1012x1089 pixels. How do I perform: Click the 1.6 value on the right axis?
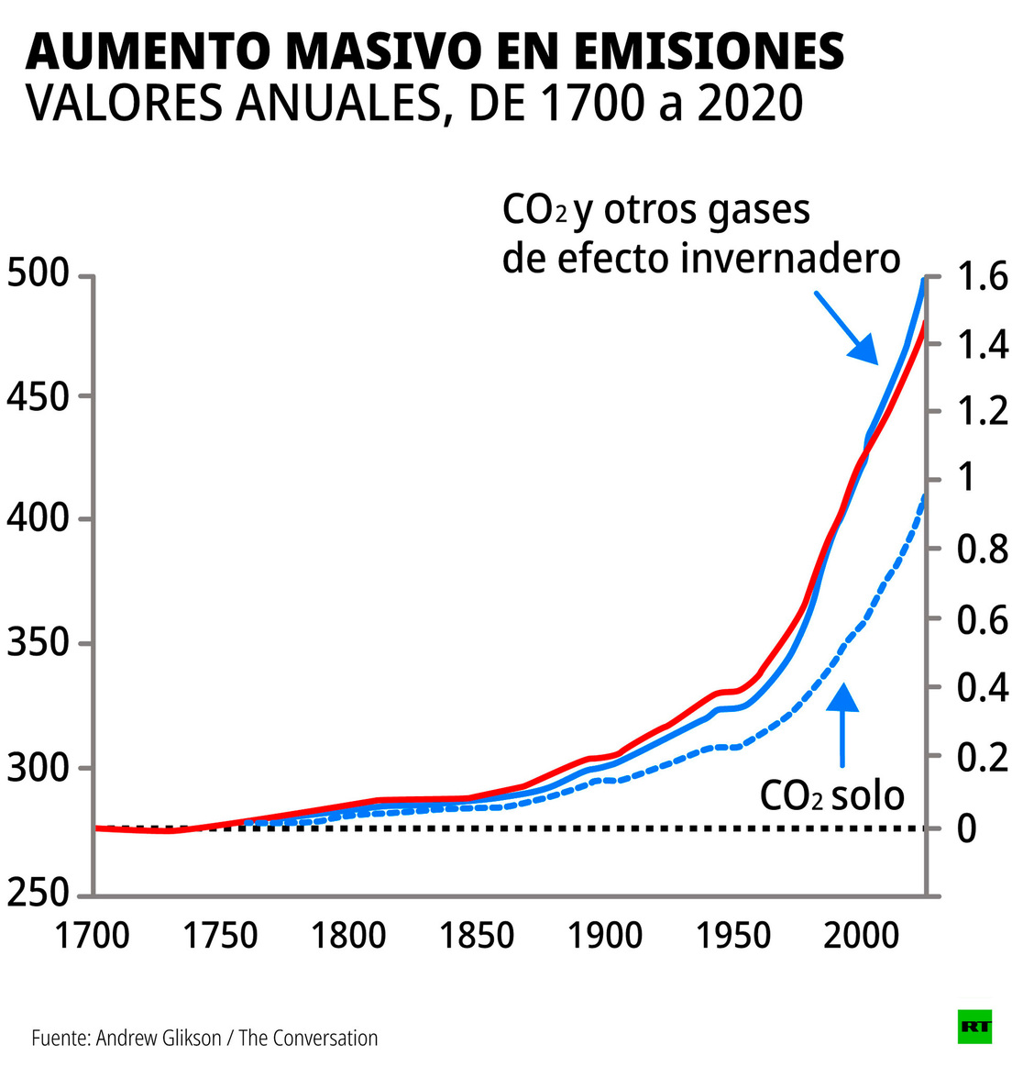[x=982, y=276]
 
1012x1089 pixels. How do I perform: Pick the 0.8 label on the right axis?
[x=982, y=550]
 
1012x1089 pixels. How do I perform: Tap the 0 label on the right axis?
[x=967, y=828]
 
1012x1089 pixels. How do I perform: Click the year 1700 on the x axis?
[x=92, y=936]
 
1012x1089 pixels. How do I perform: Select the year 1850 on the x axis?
[x=476, y=936]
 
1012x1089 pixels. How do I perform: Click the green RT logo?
[x=974, y=1027]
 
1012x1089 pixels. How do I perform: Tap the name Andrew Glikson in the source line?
[x=159, y=1038]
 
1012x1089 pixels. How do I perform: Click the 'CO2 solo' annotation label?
[x=831, y=795]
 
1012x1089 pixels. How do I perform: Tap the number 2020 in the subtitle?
[x=750, y=104]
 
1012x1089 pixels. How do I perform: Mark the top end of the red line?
[x=923, y=323]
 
